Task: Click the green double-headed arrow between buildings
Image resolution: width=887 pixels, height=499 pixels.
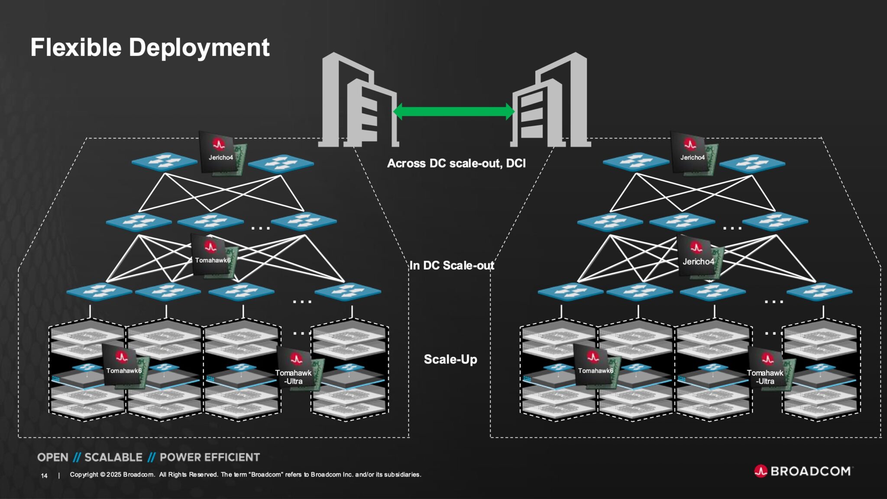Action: tap(453, 112)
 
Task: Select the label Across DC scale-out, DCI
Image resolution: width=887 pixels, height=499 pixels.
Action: tap(456, 163)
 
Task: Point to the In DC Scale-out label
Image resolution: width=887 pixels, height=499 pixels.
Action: tap(452, 266)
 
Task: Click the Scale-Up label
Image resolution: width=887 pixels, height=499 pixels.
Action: tap(450, 359)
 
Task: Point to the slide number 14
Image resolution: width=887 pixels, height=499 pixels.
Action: tap(44, 476)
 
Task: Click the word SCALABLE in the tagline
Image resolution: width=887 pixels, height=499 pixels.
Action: tap(113, 457)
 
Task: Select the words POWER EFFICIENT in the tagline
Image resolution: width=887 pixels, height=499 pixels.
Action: tap(210, 457)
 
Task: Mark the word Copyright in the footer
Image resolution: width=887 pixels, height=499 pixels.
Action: tap(84, 475)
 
